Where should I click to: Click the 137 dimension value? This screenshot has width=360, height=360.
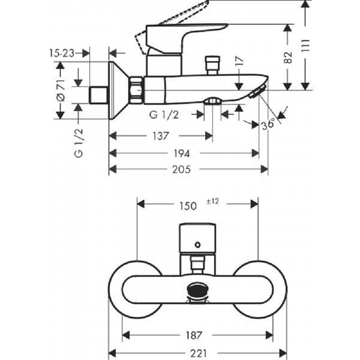pyautogui.click(x=161, y=136)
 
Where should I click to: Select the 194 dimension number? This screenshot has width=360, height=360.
pyautogui.click(x=182, y=153)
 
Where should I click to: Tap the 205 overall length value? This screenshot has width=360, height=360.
pyautogui.click(x=182, y=170)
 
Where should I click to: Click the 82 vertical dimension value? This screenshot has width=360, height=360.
pyautogui.click(x=288, y=58)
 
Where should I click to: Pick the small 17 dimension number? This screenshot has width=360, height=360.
pyautogui.click(x=239, y=62)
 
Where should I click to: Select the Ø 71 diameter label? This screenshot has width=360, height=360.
pyautogui.click(x=61, y=90)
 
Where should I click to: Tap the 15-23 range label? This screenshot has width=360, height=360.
pyautogui.click(x=62, y=54)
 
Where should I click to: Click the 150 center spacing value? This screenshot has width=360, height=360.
pyautogui.click(x=188, y=206)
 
